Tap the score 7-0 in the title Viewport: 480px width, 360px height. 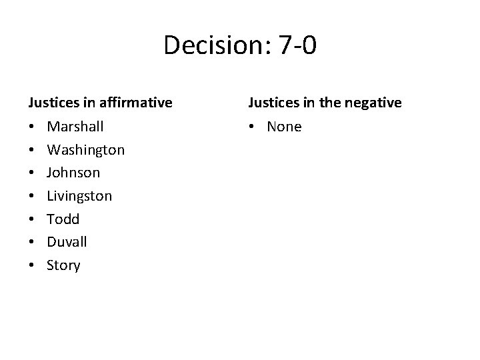point(295,45)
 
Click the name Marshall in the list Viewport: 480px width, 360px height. point(75,126)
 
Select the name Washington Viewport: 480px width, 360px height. point(85,149)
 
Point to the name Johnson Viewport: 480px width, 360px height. point(73,173)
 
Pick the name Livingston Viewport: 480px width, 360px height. point(79,196)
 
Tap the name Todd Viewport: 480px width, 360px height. point(63,219)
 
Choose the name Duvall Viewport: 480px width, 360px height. point(67,242)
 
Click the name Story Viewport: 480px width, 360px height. point(63,265)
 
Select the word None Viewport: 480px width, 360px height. point(284,126)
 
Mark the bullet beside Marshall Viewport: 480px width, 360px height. point(31,126)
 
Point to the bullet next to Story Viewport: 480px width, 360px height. point(31,265)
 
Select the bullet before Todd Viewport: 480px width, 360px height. point(31,219)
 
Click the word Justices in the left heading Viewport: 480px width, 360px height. point(51,103)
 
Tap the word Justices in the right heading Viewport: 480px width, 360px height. point(272,103)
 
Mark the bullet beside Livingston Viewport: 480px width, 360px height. point(31,196)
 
